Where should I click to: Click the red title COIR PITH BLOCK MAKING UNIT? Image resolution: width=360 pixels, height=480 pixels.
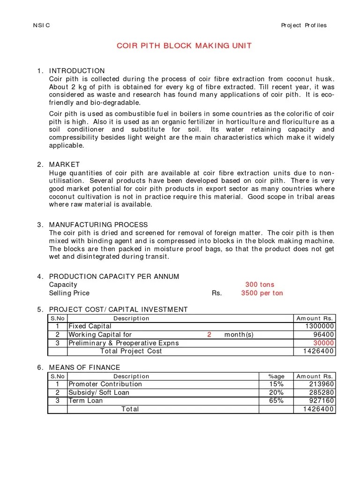(184, 45)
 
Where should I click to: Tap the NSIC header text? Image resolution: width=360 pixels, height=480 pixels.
(42, 25)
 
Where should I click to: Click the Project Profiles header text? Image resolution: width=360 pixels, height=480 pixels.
(304, 25)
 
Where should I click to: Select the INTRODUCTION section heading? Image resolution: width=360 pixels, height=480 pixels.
(77, 71)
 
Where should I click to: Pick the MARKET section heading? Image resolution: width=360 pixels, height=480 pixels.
(64, 165)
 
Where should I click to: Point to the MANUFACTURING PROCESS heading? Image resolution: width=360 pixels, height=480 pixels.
(98, 225)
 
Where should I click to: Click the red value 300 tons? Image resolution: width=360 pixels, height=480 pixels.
(260, 285)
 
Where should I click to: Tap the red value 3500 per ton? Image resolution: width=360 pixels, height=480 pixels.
(262, 293)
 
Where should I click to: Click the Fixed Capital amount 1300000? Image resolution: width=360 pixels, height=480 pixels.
(320, 326)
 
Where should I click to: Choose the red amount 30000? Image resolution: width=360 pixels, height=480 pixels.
(323, 343)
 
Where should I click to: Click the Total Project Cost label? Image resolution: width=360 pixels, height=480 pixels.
(131, 351)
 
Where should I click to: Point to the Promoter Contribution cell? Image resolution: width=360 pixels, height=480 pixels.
(105, 384)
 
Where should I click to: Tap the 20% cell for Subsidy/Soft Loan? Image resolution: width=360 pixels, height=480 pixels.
(276, 393)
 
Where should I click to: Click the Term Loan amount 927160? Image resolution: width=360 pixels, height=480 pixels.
(322, 401)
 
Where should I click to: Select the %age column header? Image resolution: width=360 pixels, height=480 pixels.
(276, 376)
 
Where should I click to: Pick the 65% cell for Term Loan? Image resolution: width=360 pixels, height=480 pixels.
(276, 401)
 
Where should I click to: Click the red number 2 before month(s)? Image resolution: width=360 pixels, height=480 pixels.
(210, 335)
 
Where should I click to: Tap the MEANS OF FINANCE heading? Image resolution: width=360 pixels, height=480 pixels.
(84, 367)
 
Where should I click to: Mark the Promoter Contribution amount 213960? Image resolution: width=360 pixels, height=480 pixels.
(322, 384)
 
